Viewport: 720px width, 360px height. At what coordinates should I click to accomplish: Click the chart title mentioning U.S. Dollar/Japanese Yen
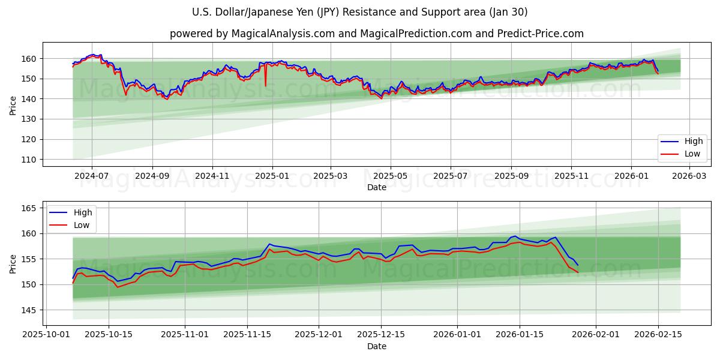pyautogui.click(x=359, y=12)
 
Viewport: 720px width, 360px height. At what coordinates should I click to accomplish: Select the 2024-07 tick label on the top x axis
pyautogui.click(x=91, y=176)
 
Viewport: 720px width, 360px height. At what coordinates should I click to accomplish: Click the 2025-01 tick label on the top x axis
pyautogui.click(x=272, y=176)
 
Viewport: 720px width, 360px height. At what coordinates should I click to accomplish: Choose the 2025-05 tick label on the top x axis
pyautogui.click(x=391, y=176)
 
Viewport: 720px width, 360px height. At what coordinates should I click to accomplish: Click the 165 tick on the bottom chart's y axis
pyautogui.click(x=30, y=208)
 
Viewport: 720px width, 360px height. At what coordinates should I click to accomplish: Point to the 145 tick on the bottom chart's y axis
pyautogui.click(x=30, y=310)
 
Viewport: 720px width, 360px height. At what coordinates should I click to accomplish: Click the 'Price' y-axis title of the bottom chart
pyautogui.click(x=13, y=263)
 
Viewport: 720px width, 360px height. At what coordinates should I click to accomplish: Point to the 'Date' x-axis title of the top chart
pyautogui.click(x=376, y=187)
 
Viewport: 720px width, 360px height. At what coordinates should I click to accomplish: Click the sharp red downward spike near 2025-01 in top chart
pyautogui.click(x=265, y=85)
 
